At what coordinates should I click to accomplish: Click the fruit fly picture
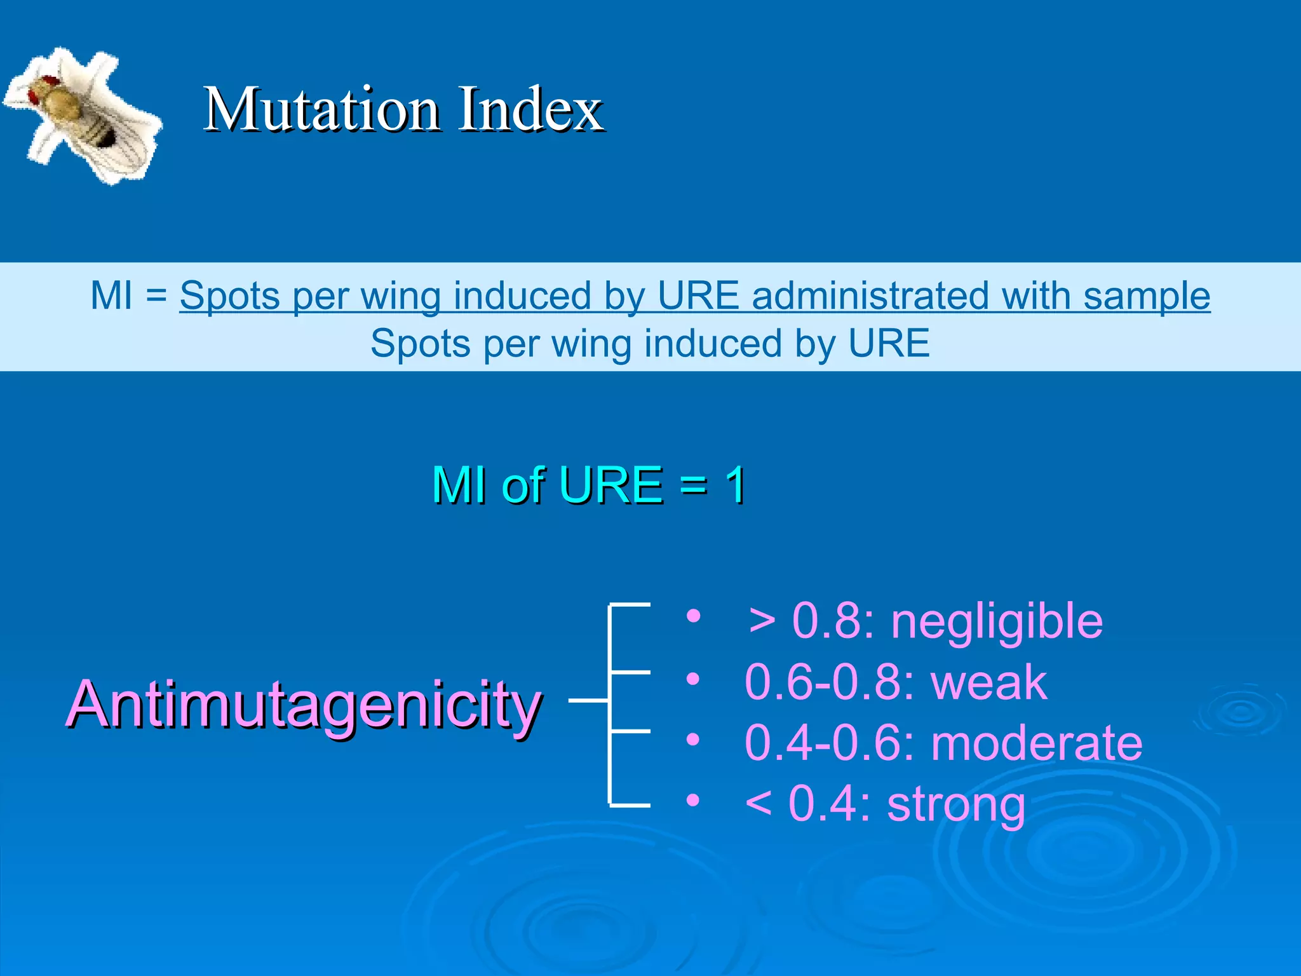[83, 114]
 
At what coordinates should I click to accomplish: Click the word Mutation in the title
[321, 109]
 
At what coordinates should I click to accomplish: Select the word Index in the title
[530, 109]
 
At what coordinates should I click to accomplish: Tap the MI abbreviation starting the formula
[112, 296]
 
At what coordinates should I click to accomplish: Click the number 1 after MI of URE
[736, 485]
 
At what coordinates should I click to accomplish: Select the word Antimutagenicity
[304, 704]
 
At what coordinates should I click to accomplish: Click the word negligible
[997, 621]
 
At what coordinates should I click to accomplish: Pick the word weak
[988, 682]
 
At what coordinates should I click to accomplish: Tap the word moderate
[1037, 743]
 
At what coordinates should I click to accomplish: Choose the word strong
[956, 804]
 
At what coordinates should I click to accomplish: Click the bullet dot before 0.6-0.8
[693, 679]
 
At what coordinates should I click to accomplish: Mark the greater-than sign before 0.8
[762, 622]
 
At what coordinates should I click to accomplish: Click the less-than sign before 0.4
[758, 804]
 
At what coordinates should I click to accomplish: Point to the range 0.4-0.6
[829, 743]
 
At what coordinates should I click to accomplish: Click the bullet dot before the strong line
[693, 800]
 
